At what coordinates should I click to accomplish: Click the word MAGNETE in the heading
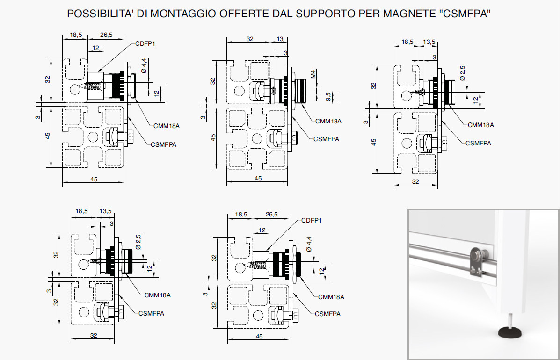[410, 14]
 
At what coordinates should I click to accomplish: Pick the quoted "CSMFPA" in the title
[465, 14]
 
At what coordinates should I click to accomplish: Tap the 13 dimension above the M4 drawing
[280, 39]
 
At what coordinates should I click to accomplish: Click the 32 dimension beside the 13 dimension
[249, 39]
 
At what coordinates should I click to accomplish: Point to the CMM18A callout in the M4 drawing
[328, 122]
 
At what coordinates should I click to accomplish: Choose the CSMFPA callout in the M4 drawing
[326, 139]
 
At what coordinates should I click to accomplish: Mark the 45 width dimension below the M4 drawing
[258, 178]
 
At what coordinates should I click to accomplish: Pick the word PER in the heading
[369, 14]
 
